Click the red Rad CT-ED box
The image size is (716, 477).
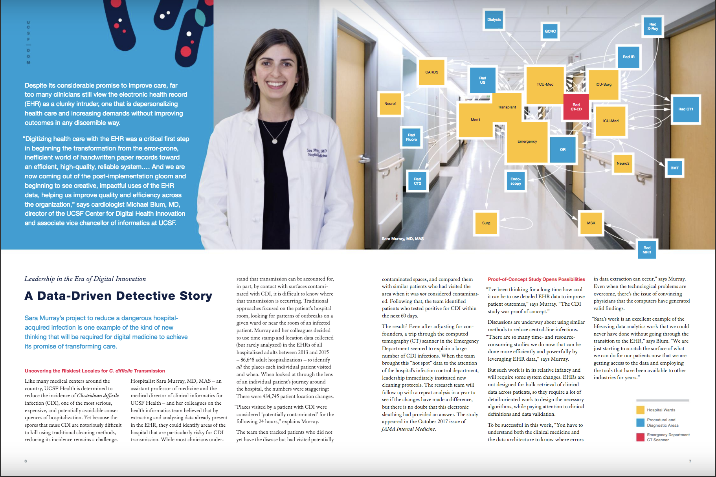576,107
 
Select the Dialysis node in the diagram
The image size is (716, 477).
494,20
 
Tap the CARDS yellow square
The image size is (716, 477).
431,72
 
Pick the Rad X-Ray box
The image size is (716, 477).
652,27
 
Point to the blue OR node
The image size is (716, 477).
563,150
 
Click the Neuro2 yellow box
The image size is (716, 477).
623,163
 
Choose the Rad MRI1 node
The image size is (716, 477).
647,250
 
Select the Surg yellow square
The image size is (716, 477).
486,223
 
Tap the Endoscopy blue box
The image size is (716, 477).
516,181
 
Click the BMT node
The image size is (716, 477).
674,168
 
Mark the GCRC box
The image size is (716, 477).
550,31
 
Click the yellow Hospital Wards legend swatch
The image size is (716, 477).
640,410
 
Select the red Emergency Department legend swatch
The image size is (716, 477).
640,437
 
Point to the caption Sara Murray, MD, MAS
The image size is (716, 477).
402,239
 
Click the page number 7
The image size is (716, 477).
690,461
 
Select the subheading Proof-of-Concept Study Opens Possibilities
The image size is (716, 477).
536,279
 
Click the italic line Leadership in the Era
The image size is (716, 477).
85,279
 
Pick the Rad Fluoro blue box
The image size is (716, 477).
411,137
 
